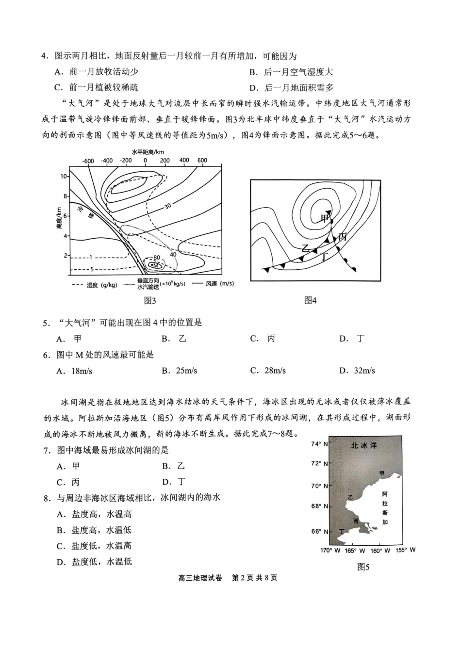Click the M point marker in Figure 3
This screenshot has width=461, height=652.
[x=154, y=265]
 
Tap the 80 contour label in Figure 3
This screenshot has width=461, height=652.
[x=156, y=258]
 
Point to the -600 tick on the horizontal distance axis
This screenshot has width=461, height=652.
[x=88, y=160]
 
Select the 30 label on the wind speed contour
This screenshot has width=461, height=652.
[x=167, y=206]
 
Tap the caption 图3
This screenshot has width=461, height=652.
[x=150, y=301]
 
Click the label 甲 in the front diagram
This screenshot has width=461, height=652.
[x=324, y=219]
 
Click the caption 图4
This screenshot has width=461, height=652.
[x=310, y=301]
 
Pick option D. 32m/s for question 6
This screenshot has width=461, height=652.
[x=357, y=371]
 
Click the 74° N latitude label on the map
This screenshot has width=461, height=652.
[x=319, y=444]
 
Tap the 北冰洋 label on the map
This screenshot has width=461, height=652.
[x=363, y=445]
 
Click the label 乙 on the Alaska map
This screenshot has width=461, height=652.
[x=350, y=497]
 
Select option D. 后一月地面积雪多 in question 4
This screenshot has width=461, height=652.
[x=292, y=87]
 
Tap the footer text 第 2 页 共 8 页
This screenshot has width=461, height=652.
[x=255, y=578]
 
